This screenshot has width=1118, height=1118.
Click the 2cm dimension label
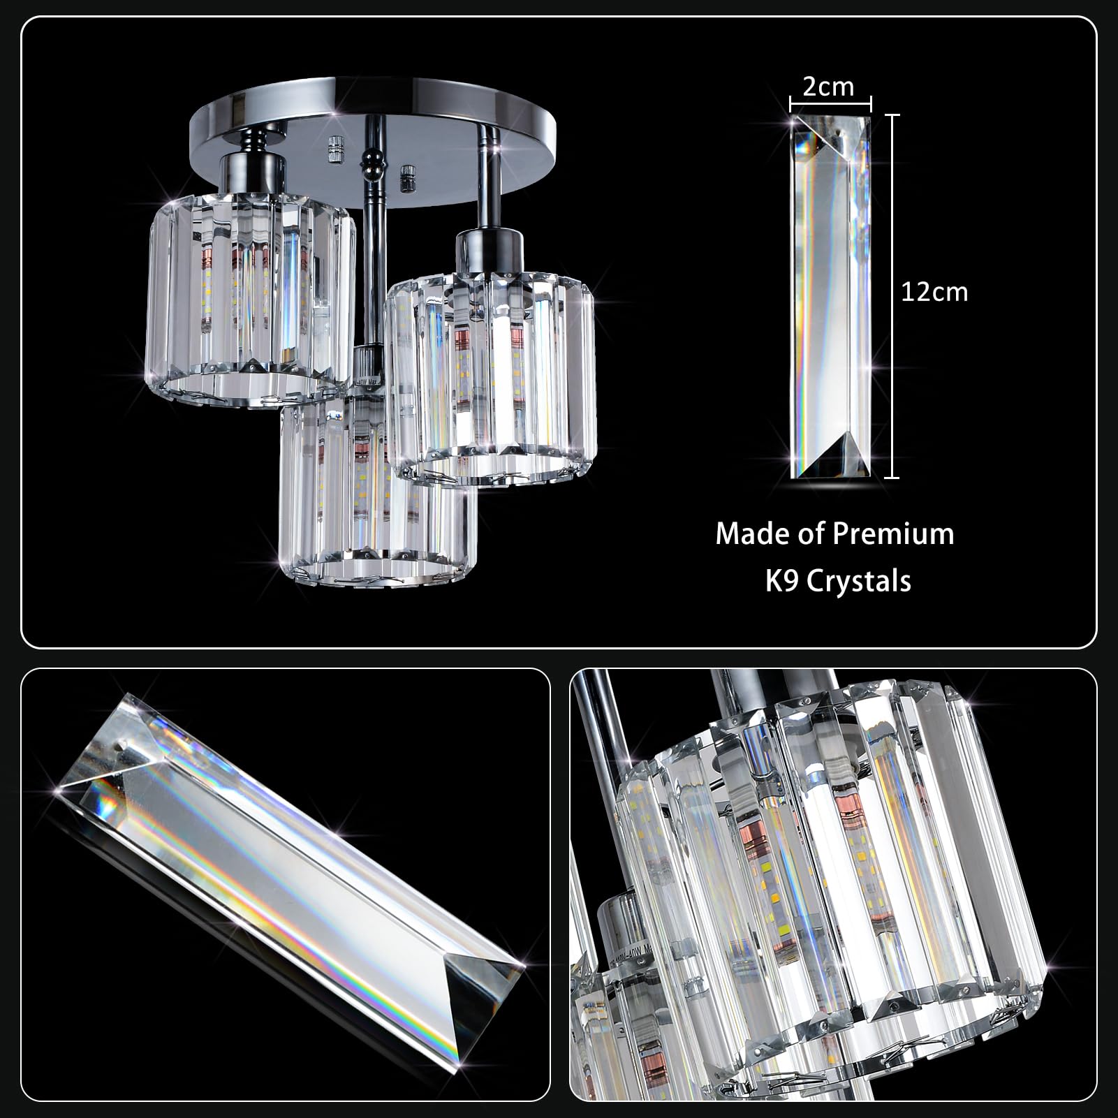coord(828,87)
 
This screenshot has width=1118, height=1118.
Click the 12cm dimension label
coord(934,292)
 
